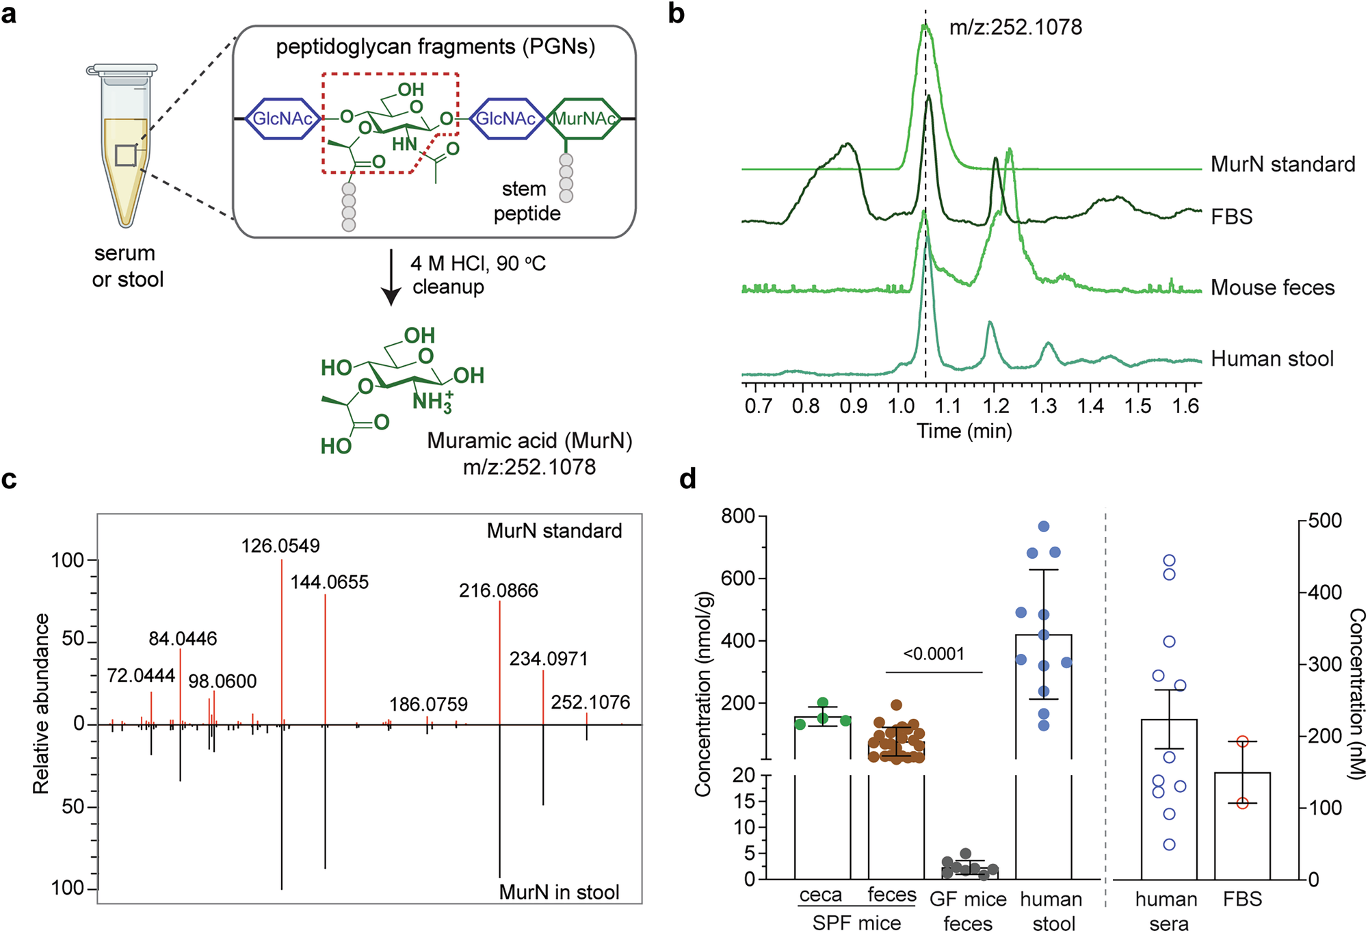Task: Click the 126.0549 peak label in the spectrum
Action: [x=280, y=546]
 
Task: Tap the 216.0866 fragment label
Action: [x=499, y=590]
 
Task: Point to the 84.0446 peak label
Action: [x=183, y=639]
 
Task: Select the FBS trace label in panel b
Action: [x=1231, y=217]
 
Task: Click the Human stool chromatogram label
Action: [x=1272, y=359]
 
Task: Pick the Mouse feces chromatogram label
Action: [x=1272, y=287]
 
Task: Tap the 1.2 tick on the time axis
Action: [x=996, y=406]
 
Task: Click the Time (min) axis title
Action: [x=964, y=431]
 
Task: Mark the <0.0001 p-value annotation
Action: [x=934, y=655]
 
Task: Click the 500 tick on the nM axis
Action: [x=1325, y=521]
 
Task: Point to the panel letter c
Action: [x=9, y=479]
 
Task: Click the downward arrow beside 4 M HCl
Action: [x=391, y=278]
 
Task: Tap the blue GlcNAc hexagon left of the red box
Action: [x=282, y=119]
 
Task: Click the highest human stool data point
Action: [x=1044, y=526]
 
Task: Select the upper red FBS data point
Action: [x=1243, y=741]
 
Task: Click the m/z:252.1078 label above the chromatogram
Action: [x=1016, y=27]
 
